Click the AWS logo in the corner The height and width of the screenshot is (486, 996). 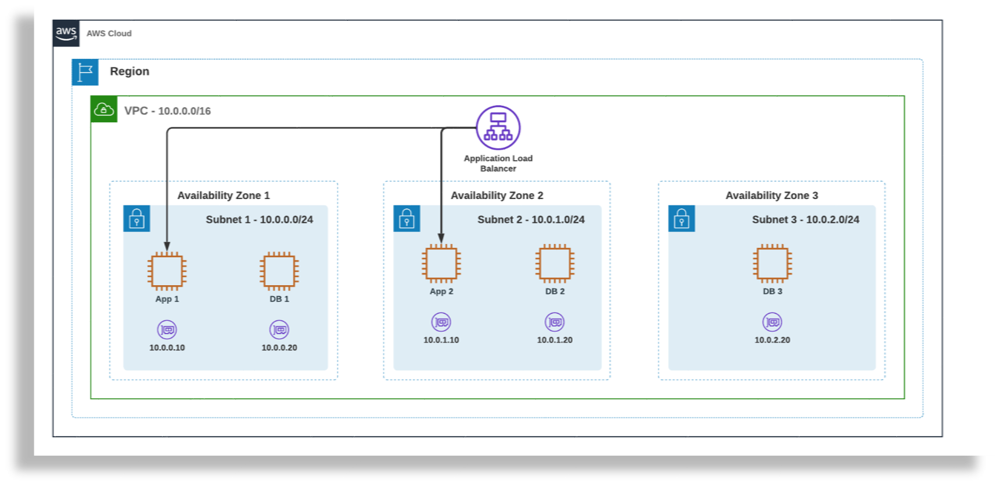tap(66, 33)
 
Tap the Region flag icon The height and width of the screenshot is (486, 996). tap(85, 72)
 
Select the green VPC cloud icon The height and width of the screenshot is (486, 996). tap(104, 109)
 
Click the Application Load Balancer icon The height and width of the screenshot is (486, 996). tap(498, 127)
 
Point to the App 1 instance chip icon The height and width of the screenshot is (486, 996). tap(167, 271)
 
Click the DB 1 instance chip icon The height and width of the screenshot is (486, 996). tap(279, 271)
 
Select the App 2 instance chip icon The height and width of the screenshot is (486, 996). tap(441, 263)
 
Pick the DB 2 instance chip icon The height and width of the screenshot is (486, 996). tap(555, 263)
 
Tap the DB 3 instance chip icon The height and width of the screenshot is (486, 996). tap(772, 263)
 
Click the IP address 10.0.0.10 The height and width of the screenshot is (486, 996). tap(167, 347)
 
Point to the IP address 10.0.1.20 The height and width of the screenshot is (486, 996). tap(555, 340)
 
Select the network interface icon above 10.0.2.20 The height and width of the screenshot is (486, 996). tap(772, 322)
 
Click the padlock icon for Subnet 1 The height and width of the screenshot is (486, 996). tap(137, 219)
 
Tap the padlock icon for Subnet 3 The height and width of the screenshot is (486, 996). tap(682, 219)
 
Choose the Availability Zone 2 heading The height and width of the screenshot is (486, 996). tap(497, 196)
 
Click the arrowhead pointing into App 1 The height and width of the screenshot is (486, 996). tap(167, 246)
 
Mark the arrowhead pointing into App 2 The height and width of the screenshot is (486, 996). tap(441, 238)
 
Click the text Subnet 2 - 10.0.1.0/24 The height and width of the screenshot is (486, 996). tap(531, 219)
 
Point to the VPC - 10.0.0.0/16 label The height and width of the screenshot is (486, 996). tap(168, 111)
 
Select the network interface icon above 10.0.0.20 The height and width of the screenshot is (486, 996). tap(279, 329)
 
